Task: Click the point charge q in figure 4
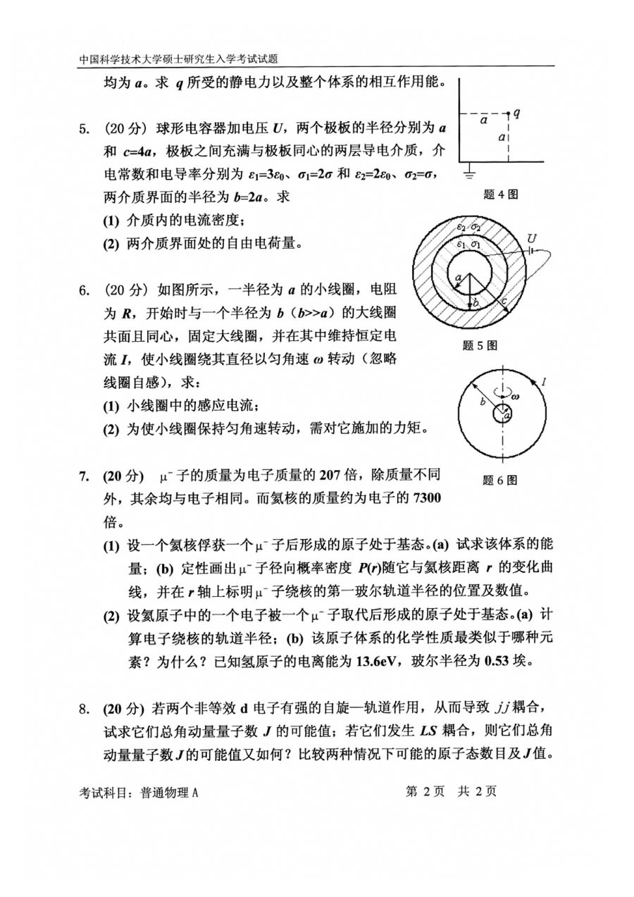509,113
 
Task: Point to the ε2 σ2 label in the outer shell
468,227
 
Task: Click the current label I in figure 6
544,382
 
